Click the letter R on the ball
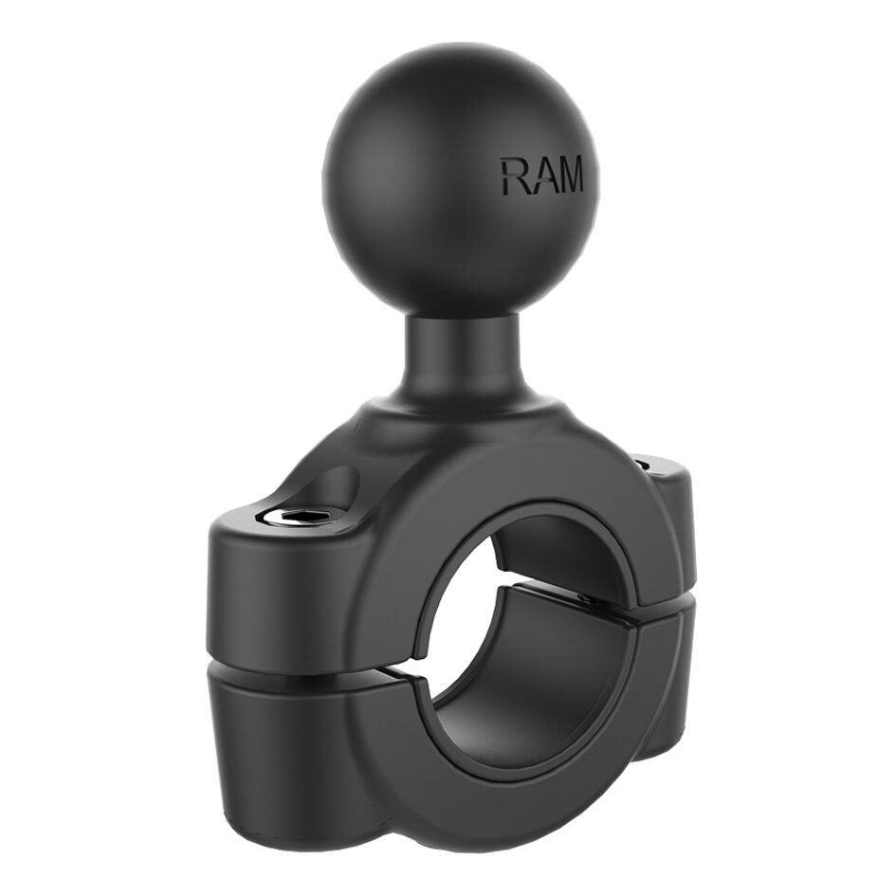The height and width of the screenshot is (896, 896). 516,176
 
